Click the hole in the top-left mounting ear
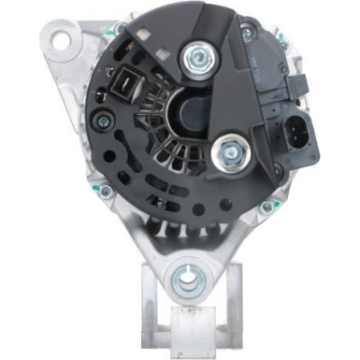click(64, 40)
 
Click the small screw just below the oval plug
click(301, 184)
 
